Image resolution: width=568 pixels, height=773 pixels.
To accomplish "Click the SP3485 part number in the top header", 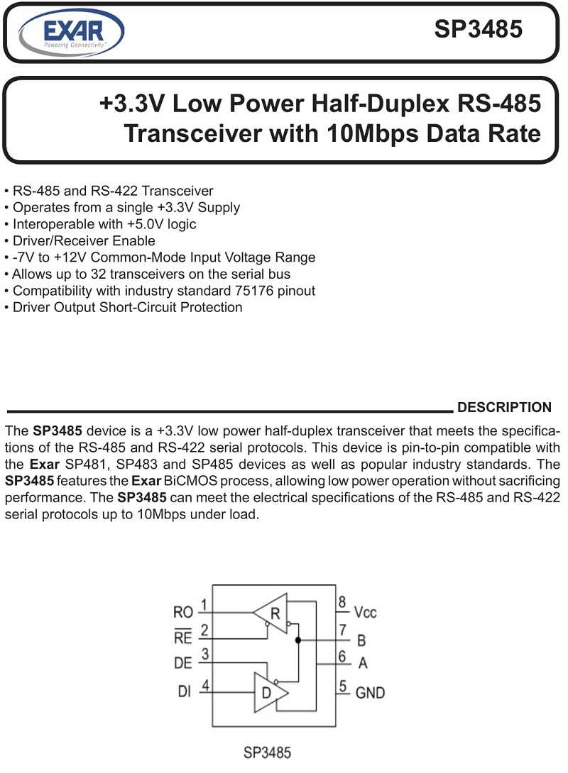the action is [479, 29].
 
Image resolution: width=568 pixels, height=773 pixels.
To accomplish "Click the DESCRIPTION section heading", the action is [504, 407].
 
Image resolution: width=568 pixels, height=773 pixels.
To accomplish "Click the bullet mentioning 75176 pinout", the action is [160, 291].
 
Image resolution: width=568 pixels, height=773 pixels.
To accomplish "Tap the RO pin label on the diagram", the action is [182, 612].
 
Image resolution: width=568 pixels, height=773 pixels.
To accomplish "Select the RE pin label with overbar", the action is [182, 638].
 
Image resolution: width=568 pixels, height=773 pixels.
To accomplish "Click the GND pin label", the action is [370, 691].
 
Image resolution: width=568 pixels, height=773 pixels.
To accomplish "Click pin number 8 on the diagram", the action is [342, 603].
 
